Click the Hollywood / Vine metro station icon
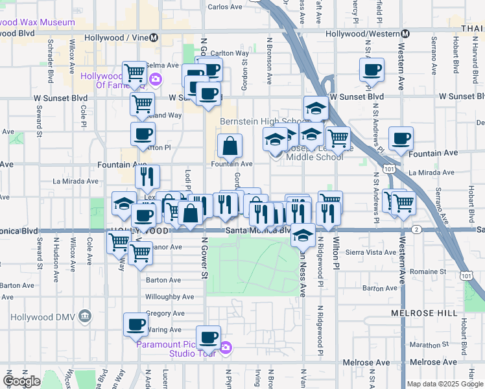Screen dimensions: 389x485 point(154,38)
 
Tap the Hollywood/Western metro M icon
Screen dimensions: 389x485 point(405,34)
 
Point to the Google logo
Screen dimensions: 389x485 point(21,381)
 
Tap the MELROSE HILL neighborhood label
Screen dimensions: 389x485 point(419,312)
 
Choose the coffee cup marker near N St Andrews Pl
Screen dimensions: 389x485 point(372,70)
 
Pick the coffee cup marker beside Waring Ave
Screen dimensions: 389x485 point(136,324)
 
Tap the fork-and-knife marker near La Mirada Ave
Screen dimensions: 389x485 point(147,176)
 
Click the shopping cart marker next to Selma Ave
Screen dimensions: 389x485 point(134,72)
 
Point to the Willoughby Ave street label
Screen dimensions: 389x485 point(170,296)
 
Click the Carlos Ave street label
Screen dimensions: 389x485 point(225,8)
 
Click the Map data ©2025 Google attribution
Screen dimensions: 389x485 point(444,383)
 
